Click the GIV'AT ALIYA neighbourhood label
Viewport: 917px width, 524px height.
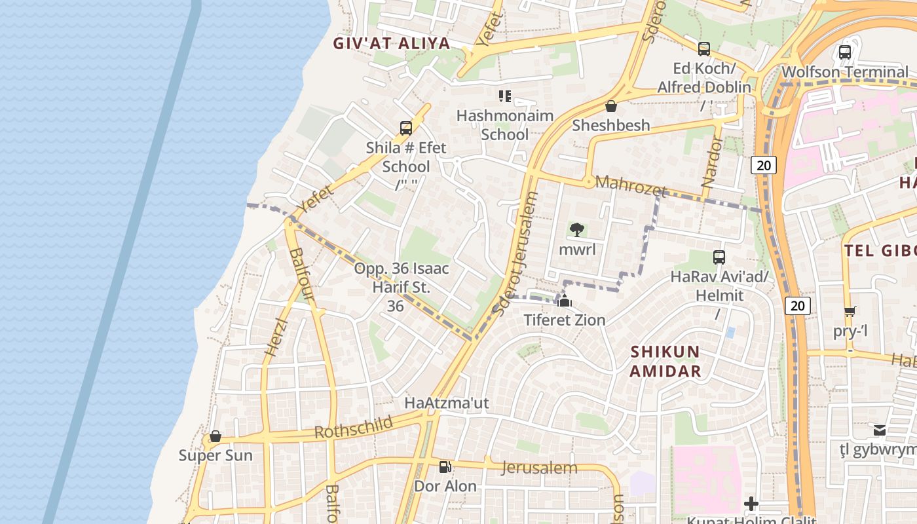click(x=392, y=44)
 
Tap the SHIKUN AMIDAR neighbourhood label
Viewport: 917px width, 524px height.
click(x=665, y=362)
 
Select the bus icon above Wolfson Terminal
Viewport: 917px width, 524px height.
click(x=845, y=52)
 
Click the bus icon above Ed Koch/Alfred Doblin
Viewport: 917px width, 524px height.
click(x=704, y=48)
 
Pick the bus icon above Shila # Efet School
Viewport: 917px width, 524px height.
click(x=406, y=128)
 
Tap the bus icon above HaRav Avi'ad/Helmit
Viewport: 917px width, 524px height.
click(x=719, y=257)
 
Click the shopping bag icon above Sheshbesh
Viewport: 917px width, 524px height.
click(x=611, y=106)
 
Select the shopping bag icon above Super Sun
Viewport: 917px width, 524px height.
click(x=215, y=436)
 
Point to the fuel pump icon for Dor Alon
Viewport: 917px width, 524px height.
click(x=445, y=467)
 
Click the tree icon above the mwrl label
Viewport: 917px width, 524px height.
click(x=577, y=230)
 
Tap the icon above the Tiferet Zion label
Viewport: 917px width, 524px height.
click(x=565, y=301)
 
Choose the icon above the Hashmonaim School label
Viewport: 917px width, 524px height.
click(x=504, y=97)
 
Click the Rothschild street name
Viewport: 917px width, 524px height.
click(x=354, y=427)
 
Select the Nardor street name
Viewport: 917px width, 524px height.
click(x=713, y=162)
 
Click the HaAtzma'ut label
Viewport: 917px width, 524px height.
click(x=447, y=403)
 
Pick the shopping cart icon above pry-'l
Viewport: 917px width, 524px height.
click(x=850, y=311)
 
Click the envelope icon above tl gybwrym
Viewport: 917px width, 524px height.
click(x=880, y=430)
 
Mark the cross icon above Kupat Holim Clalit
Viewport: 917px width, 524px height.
click(x=751, y=504)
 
